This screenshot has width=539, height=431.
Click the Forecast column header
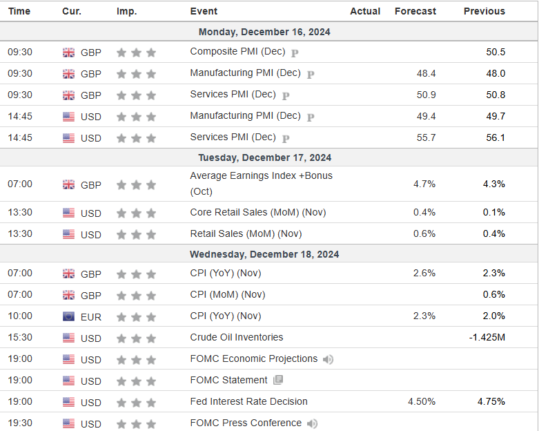click(x=415, y=11)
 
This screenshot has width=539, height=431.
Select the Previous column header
click(x=484, y=11)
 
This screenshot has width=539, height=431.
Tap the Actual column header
click(x=365, y=11)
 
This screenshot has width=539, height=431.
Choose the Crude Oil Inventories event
click(x=237, y=337)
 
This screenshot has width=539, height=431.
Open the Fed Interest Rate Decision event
click(x=248, y=401)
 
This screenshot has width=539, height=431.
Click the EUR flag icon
click(x=69, y=316)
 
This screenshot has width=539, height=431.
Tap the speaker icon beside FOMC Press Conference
click(x=313, y=423)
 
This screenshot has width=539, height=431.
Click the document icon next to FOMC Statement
click(x=278, y=380)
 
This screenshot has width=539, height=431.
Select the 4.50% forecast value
click(x=422, y=401)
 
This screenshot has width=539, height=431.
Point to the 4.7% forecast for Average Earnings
click(x=424, y=184)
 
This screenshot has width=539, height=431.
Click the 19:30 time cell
click(x=20, y=423)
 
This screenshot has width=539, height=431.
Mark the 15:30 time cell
click(x=20, y=338)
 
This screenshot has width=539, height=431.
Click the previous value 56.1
click(x=495, y=137)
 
